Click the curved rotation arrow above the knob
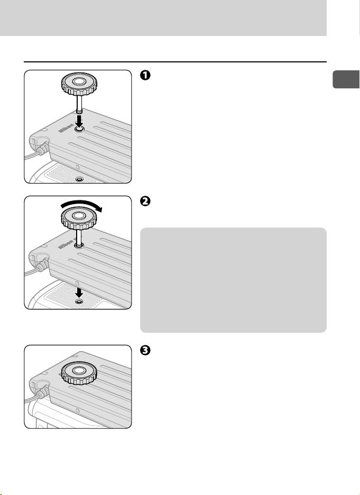pyautogui.click(x=79, y=204)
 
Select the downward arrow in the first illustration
pyautogui.click(x=79, y=121)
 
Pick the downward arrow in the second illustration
pyautogui.click(x=79, y=291)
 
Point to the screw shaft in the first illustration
pyautogui.click(x=79, y=103)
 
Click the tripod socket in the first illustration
pyautogui.click(x=79, y=179)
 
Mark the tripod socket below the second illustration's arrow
pyautogui.click(x=79, y=301)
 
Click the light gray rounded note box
pyautogui.click(x=233, y=280)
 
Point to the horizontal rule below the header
pyautogui.click(x=174, y=62)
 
